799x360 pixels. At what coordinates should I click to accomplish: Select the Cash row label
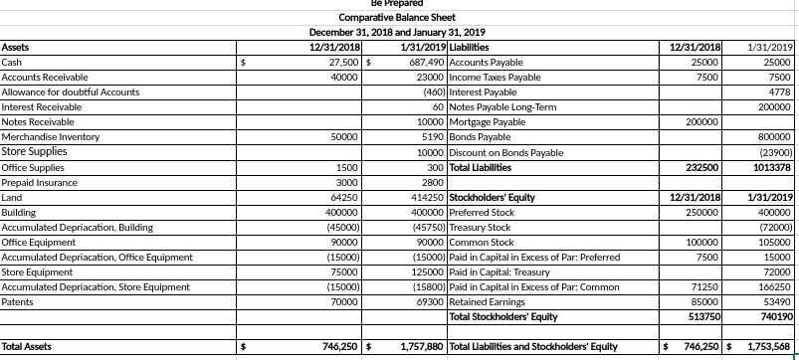tap(13, 62)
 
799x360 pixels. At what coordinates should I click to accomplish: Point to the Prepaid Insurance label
tap(36, 182)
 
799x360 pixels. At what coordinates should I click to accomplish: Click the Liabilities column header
tap(473, 47)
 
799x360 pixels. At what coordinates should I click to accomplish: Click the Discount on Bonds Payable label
tap(506, 152)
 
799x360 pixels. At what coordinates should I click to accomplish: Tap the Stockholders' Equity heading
tap(493, 197)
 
